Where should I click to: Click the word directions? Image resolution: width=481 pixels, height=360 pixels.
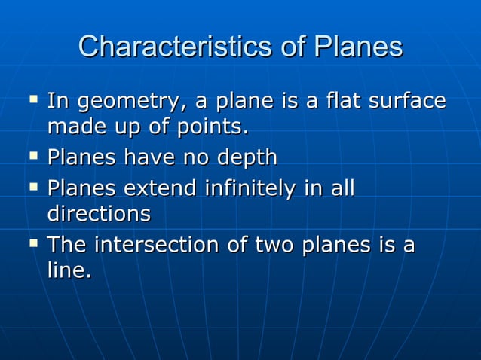click(x=99, y=214)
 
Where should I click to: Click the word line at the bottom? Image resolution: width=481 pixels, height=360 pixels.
click(x=69, y=272)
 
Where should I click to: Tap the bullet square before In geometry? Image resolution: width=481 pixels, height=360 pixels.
click(x=32, y=99)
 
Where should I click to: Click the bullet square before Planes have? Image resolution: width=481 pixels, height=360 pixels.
click(x=32, y=156)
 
